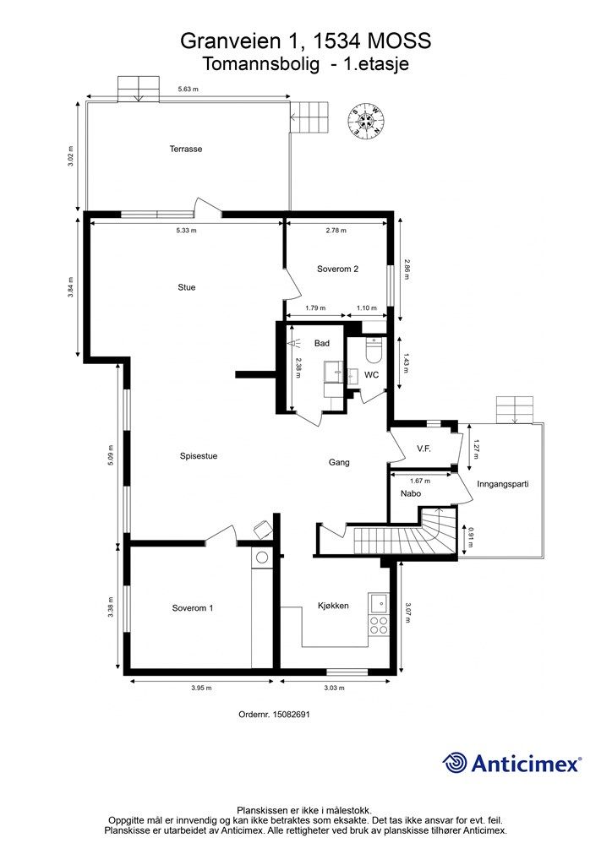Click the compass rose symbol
365,120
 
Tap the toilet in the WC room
374,350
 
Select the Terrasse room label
185,149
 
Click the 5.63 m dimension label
188,89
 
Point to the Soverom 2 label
338,269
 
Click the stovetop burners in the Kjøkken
379,625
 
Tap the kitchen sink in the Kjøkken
379,603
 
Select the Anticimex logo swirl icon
455,763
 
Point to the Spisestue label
199,456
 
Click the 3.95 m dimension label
201,688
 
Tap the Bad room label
322,344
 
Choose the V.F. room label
423,449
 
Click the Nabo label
411,493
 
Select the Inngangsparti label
503,484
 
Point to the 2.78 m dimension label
336,231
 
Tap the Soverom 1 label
193,608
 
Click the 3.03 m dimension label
334,688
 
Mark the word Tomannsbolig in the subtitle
261,64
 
